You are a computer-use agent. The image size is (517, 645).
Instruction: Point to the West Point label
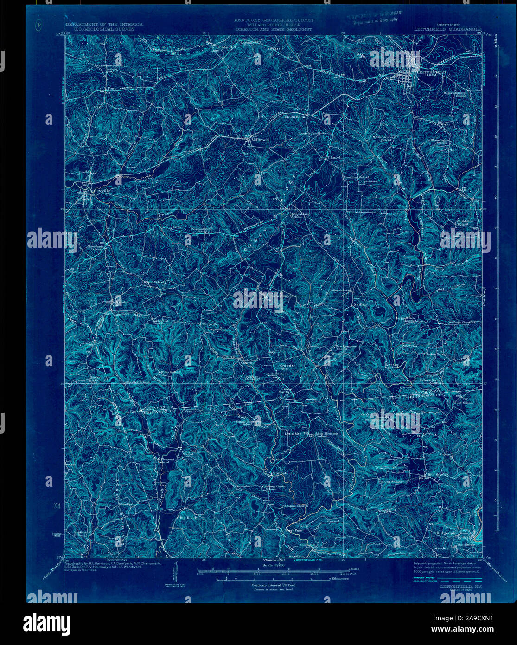(x=295, y=529)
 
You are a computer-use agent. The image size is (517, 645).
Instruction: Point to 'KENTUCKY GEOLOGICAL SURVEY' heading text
(x=274, y=20)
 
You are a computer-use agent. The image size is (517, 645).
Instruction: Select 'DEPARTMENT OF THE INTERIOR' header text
(x=104, y=24)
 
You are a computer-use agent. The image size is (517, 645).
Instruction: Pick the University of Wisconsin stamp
(x=375, y=16)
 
